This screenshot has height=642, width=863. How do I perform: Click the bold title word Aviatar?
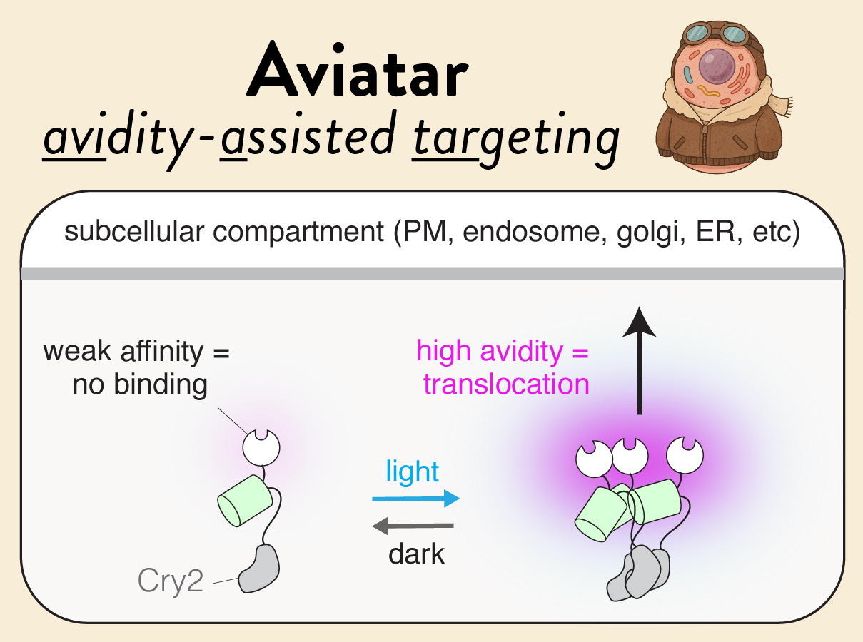[358, 70]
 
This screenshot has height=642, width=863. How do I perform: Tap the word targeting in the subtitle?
[516, 139]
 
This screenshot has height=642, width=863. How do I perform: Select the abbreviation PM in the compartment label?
[424, 232]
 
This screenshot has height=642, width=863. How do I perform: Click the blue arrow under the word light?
[416, 499]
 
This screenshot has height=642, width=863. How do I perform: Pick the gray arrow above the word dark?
[413, 526]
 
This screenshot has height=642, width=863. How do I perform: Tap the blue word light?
[413, 472]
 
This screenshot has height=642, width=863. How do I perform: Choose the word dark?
[416, 554]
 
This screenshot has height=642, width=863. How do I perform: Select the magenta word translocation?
[506, 384]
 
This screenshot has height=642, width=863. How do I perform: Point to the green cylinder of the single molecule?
[245, 501]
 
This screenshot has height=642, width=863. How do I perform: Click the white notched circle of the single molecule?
[261, 447]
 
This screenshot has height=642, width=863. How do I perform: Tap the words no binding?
[140, 385]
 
